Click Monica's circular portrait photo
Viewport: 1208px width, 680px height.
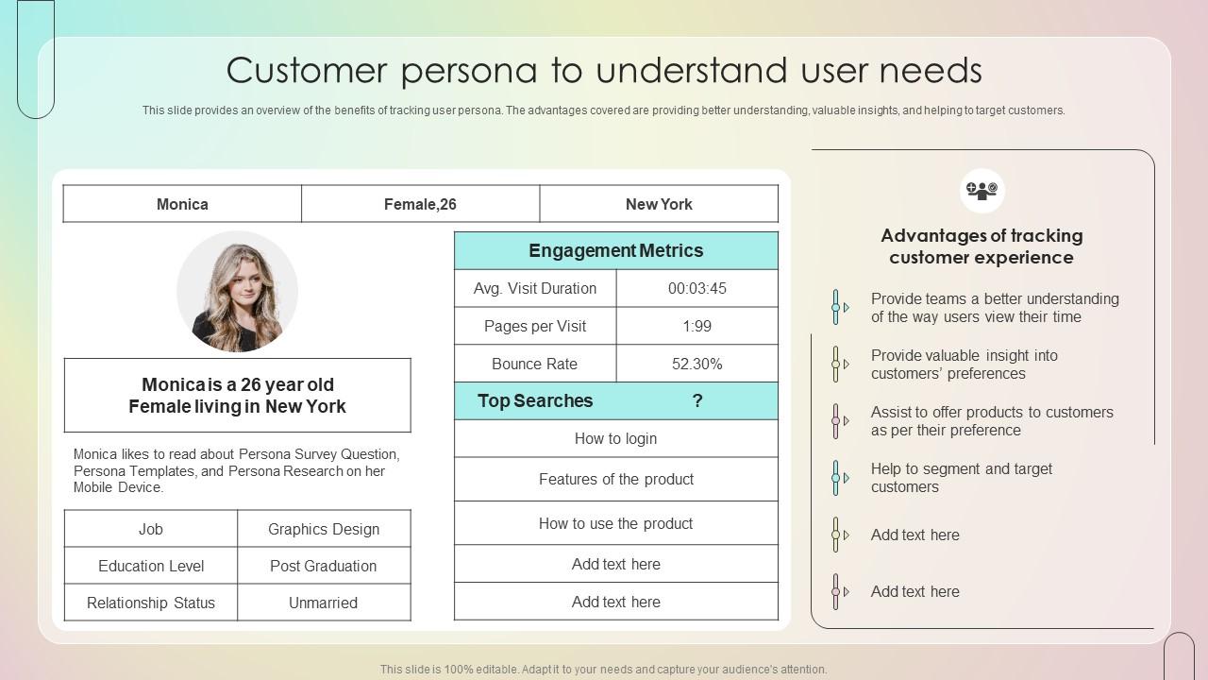[x=237, y=292]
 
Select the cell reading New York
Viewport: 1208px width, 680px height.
[x=659, y=204]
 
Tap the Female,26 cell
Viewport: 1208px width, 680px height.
[x=420, y=204]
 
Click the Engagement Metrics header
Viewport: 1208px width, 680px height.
[x=615, y=250]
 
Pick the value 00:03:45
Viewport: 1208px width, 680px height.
[x=697, y=288]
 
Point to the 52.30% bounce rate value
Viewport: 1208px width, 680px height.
[x=697, y=364]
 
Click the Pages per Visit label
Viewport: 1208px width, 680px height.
[x=535, y=326]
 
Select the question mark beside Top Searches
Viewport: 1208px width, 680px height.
[x=697, y=400]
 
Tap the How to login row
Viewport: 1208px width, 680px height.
[x=615, y=438]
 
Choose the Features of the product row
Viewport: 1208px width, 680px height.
[x=615, y=479]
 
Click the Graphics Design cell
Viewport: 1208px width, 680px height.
[x=324, y=529]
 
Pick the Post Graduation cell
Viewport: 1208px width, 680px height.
[x=324, y=566]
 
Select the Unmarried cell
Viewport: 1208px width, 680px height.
[x=324, y=603]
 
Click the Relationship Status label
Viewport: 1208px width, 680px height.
[x=151, y=603]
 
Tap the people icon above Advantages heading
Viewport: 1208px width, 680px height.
[x=981, y=191]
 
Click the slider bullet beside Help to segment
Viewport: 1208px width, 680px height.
[x=836, y=478]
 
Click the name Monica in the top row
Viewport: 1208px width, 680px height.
[x=182, y=204]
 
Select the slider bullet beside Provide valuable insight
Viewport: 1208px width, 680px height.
[x=836, y=364]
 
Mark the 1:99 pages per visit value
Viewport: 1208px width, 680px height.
[x=697, y=326]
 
